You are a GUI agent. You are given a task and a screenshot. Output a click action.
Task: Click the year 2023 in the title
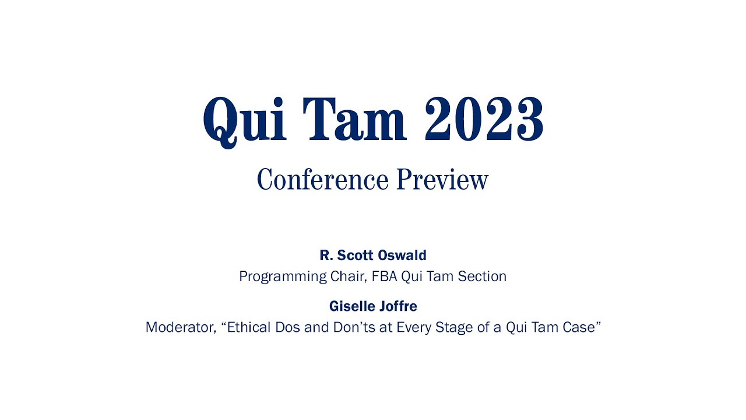[x=484, y=120]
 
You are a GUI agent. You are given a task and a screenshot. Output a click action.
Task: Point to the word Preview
[x=442, y=179]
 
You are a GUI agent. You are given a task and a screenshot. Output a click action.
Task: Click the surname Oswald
[x=402, y=256]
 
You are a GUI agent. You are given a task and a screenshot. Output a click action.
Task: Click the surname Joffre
[x=398, y=306]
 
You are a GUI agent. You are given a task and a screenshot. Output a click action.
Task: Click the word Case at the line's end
[x=580, y=327]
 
